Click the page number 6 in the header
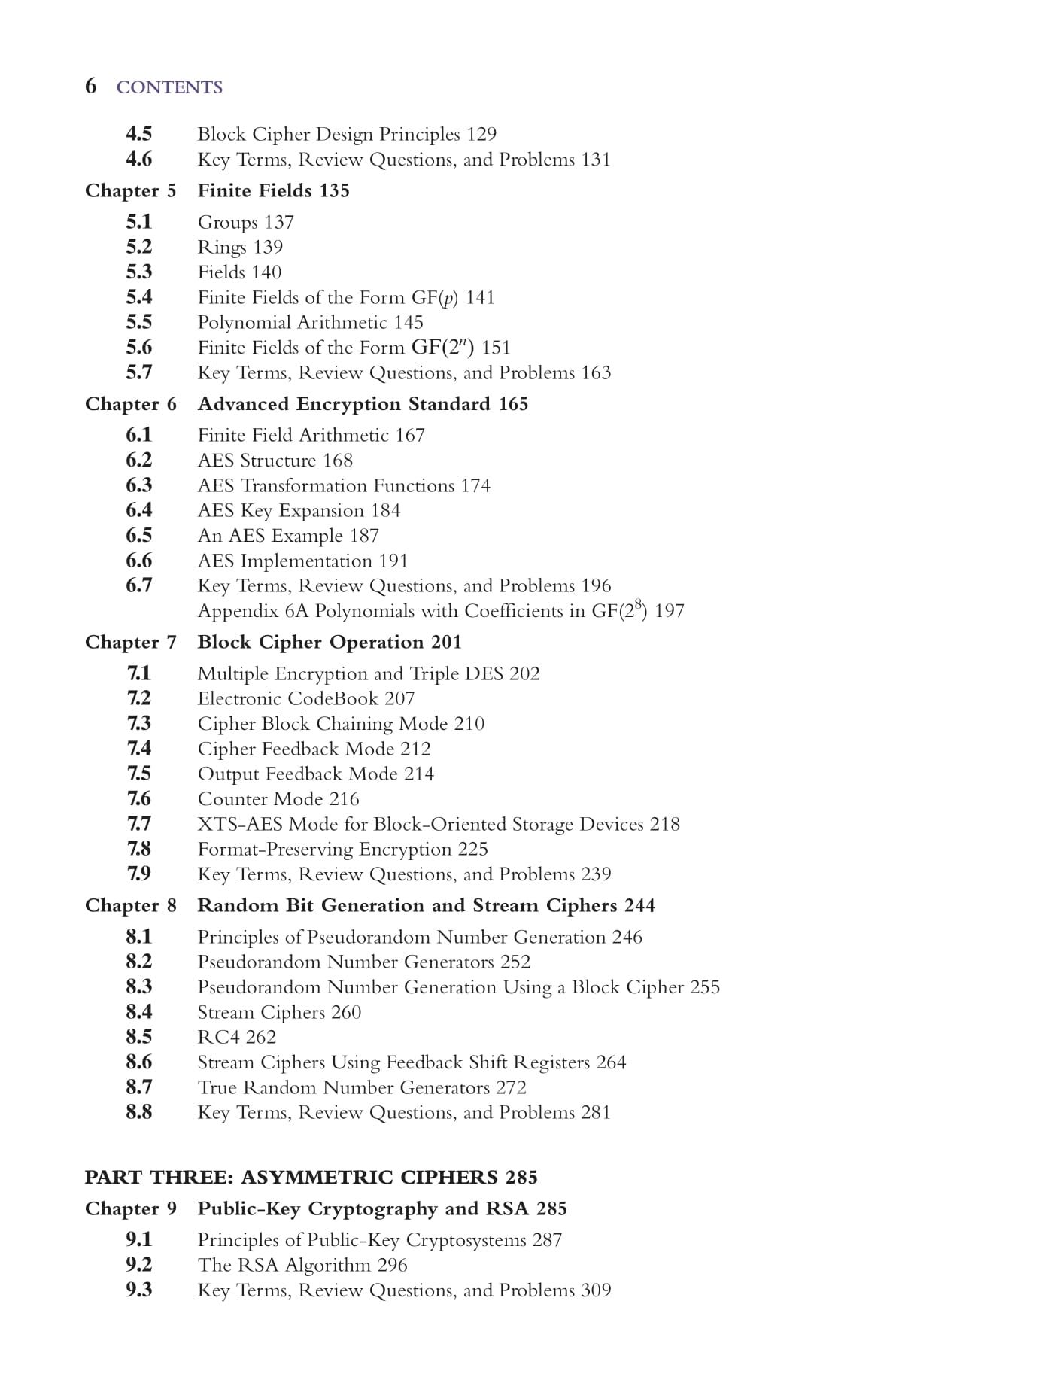[x=90, y=86]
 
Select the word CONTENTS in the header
[x=169, y=87]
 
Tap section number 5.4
[x=138, y=297]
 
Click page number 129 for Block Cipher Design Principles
[x=481, y=134]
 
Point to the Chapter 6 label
[x=130, y=404]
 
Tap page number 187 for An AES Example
[x=364, y=536]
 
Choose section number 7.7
[x=138, y=824]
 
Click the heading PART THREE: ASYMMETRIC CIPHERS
[x=291, y=1177]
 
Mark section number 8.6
[x=138, y=1062]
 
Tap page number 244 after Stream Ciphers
[x=639, y=905]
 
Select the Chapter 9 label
[x=130, y=1208]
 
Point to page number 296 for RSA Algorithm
[x=392, y=1265]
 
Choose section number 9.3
[x=138, y=1290]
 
